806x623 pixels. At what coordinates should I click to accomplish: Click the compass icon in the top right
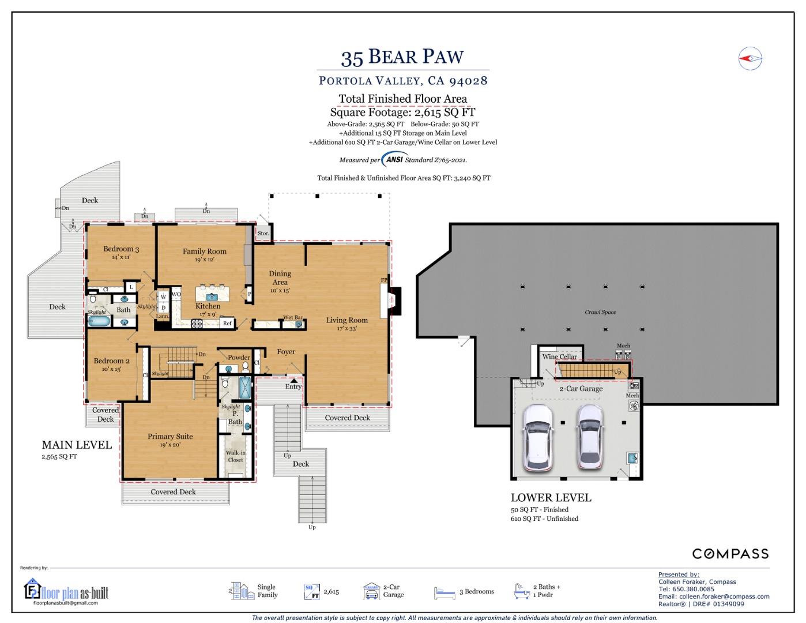pyautogui.click(x=750, y=58)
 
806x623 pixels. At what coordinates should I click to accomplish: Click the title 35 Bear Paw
pyautogui.click(x=402, y=57)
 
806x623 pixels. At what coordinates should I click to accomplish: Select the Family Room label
pyautogui.click(x=205, y=252)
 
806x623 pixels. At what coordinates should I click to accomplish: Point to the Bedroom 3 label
pyautogui.click(x=121, y=249)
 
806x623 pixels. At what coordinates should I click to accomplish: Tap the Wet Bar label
pyautogui.click(x=293, y=318)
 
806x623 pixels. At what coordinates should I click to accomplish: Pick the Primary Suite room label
pyautogui.click(x=170, y=437)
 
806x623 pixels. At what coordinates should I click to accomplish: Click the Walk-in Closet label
pyautogui.click(x=235, y=456)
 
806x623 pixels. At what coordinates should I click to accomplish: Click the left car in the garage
pyautogui.click(x=537, y=437)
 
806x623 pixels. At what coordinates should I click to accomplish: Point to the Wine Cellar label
pyautogui.click(x=559, y=356)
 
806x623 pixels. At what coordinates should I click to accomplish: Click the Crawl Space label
pyautogui.click(x=600, y=312)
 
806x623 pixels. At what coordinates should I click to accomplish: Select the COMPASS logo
pyautogui.click(x=730, y=554)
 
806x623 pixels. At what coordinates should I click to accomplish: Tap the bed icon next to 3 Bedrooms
pyautogui.click(x=445, y=592)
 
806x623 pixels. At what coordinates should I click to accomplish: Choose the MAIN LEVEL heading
pyautogui.click(x=77, y=445)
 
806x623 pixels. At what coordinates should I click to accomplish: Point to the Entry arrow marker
pyautogui.click(x=294, y=380)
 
